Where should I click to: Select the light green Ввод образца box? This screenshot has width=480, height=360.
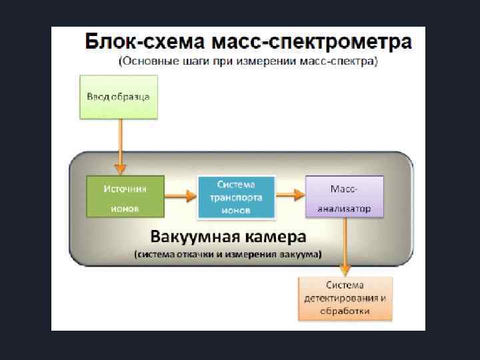tap(119, 97)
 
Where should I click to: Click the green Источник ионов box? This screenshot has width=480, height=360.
tap(125, 197)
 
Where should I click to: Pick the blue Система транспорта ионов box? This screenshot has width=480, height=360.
tap(236, 197)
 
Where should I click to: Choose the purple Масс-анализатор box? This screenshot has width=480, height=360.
tap(344, 197)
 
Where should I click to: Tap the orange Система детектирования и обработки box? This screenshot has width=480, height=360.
tap(345, 298)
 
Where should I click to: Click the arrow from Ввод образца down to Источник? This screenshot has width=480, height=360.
tap(120, 147)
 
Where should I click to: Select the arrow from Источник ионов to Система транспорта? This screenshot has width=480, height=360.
tap(181, 195)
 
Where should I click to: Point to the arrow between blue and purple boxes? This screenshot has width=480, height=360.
tap(290, 195)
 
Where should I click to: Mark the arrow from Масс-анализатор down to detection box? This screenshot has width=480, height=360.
tap(345, 247)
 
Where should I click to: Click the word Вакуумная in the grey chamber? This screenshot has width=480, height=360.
tap(190, 237)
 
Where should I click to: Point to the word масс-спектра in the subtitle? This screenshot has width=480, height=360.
tap(343, 62)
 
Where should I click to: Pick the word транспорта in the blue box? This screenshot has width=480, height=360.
tap(236, 197)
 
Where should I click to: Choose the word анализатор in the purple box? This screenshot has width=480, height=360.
tap(344, 209)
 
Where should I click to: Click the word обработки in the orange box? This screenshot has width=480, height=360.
tap(345, 311)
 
